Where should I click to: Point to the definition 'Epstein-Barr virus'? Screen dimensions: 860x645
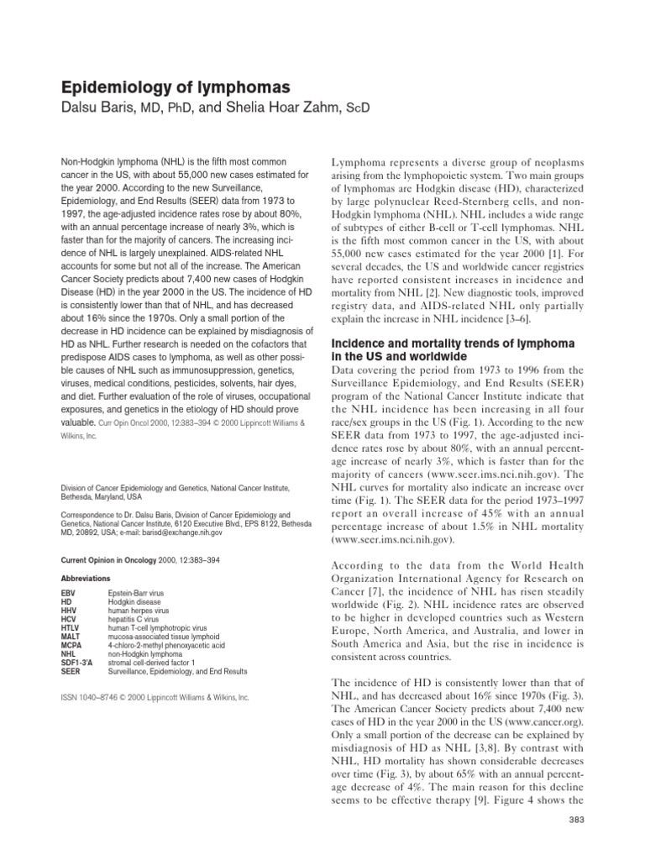(x=137, y=593)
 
